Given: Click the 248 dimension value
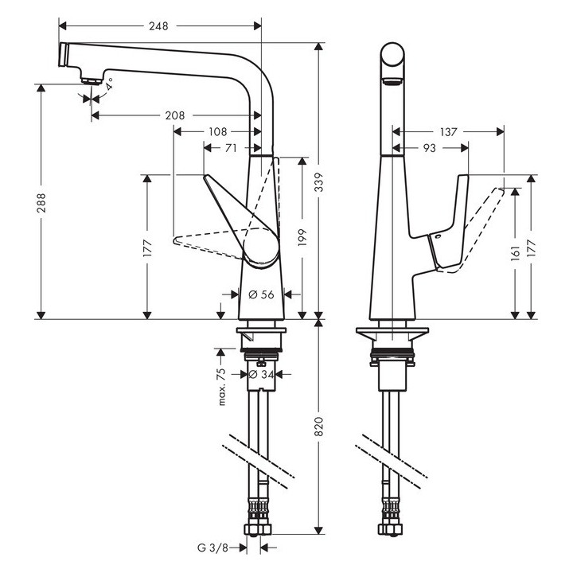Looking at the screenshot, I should pos(158,26).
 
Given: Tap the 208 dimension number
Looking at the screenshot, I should pos(175,115).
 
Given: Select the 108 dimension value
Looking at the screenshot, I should pos(216,131).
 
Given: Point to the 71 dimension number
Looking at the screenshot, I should pos(232,147).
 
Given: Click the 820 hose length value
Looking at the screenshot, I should pos(319,427).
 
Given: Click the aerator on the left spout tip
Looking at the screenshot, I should pos(90,79).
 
